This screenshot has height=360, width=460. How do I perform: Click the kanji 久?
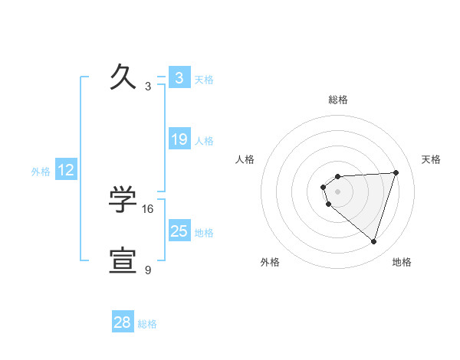click(x=123, y=77)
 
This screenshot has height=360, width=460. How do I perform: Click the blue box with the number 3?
click(x=179, y=78)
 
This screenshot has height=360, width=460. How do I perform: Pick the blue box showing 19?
click(x=179, y=139)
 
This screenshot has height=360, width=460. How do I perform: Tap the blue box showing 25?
click(x=179, y=231)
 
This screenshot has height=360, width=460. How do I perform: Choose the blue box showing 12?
click(x=66, y=170)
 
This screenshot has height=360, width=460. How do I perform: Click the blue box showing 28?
click(x=123, y=322)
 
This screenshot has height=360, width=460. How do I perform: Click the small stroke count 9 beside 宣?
click(x=148, y=270)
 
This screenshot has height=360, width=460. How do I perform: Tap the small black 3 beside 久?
click(x=148, y=87)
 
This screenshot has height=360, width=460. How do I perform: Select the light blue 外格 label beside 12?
click(x=41, y=172)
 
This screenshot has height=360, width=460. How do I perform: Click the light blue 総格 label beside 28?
click(x=147, y=324)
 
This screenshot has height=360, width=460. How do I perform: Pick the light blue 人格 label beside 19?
click(x=204, y=141)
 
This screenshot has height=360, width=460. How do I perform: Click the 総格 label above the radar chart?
click(x=338, y=100)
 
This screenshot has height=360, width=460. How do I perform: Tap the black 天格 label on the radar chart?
click(x=432, y=159)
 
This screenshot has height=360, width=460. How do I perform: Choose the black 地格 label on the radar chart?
click(x=402, y=262)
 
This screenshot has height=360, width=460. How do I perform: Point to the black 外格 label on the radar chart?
click(x=270, y=262)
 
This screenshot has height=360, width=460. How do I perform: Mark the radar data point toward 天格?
click(x=396, y=172)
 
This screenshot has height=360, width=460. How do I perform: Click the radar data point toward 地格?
click(x=373, y=241)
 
